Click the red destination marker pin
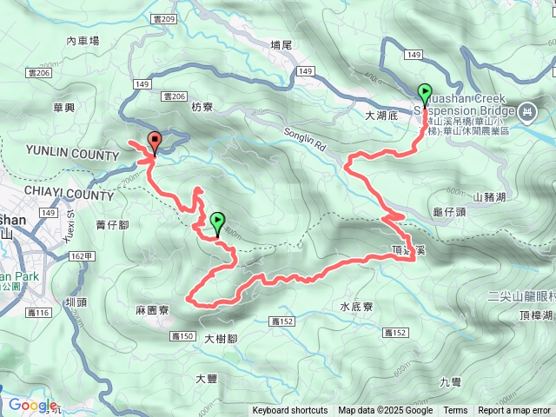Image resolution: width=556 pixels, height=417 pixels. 155,142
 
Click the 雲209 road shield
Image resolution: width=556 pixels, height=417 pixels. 163,18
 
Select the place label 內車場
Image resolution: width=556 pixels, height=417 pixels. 83,40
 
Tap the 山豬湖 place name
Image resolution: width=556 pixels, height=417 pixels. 489,197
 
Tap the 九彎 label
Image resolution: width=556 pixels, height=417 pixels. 452,381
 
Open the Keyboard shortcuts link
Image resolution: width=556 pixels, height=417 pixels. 290,411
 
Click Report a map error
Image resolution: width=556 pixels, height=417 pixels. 515,411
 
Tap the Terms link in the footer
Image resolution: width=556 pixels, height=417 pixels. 455,411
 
